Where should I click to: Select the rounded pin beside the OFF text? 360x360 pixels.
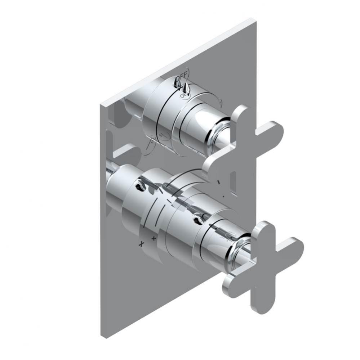tap(176, 83)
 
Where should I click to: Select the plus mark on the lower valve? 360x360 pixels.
tap(154, 238)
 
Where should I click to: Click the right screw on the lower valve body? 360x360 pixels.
tap(197, 217)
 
